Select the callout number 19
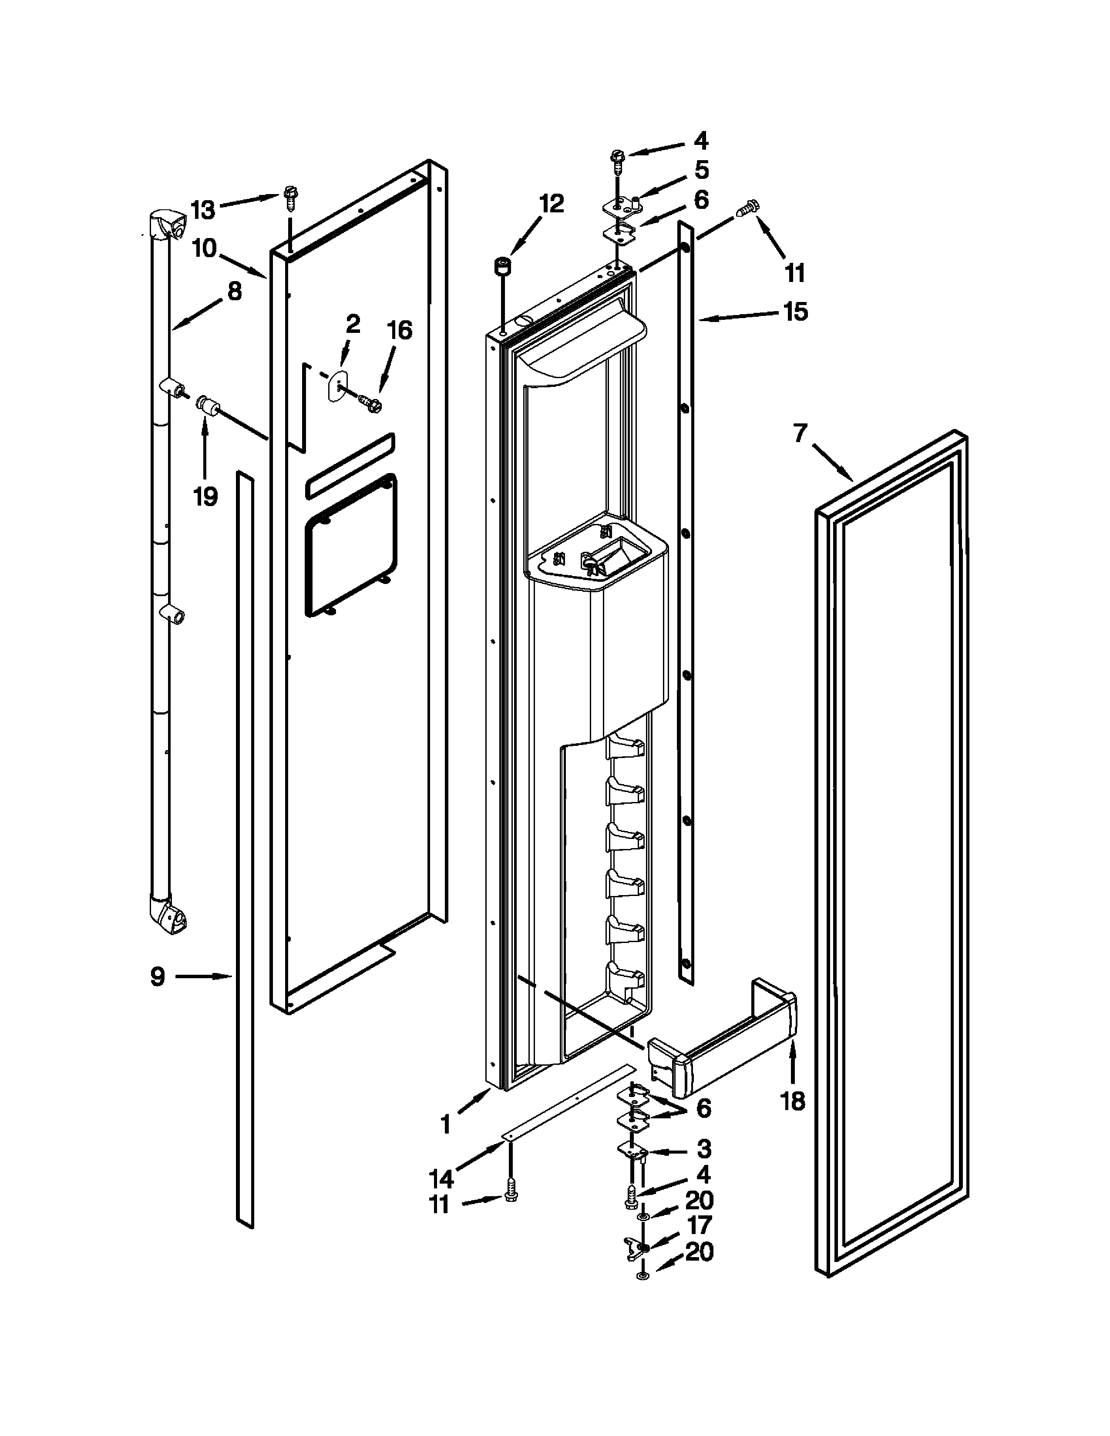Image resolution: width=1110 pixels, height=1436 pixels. [x=205, y=497]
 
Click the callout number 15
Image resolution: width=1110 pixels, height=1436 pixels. [x=796, y=311]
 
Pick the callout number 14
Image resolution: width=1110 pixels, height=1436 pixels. [x=441, y=1176]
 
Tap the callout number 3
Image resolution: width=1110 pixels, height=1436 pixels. [x=703, y=1149]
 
